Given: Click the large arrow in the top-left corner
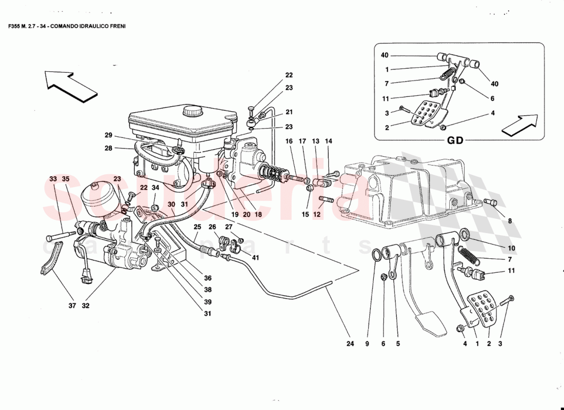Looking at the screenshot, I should pyautogui.click(x=71, y=85).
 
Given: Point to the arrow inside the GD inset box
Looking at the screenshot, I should pyautogui.click(x=519, y=126).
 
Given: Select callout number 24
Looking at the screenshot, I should pyautogui.click(x=350, y=344).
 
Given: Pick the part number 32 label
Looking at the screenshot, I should pyautogui.click(x=85, y=306).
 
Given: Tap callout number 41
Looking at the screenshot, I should pyautogui.click(x=255, y=258).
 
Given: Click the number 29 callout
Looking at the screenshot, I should pyautogui.click(x=108, y=135).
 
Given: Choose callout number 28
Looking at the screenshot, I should pyautogui.click(x=108, y=149).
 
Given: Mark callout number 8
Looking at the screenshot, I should pyautogui.click(x=510, y=222).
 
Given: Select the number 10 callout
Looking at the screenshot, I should pyautogui.click(x=511, y=248).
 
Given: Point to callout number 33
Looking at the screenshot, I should pyautogui.click(x=53, y=179).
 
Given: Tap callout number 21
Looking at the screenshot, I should pyautogui.click(x=289, y=112).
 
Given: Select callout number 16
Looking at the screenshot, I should pyautogui.click(x=289, y=140).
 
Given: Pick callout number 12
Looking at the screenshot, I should pyautogui.click(x=317, y=215).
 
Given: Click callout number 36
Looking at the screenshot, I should pyautogui.click(x=208, y=278).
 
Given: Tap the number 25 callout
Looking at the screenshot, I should pyautogui.click(x=196, y=227).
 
